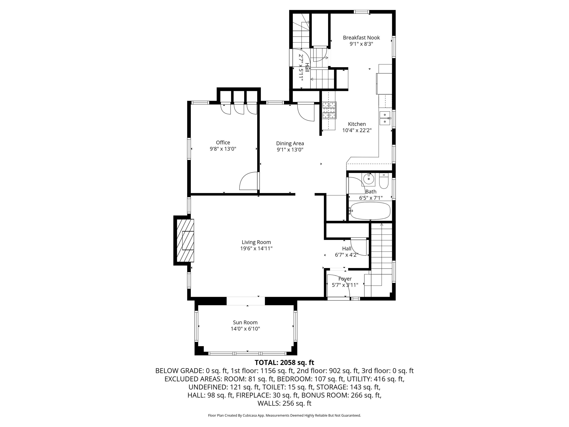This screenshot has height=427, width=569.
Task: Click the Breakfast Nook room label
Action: pyautogui.click(x=361, y=38)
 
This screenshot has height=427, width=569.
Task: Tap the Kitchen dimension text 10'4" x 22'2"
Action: pyautogui.click(x=357, y=130)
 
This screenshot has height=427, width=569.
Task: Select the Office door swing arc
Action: pyautogui.click(x=248, y=181)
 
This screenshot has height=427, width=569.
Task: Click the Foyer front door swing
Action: pyautogui.click(x=338, y=286)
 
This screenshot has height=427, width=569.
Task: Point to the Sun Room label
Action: pyautogui.click(x=245, y=322)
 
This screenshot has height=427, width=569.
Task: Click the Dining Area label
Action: pyautogui.click(x=290, y=143)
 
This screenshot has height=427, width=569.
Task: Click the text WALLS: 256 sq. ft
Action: pyautogui.click(x=284, y=403)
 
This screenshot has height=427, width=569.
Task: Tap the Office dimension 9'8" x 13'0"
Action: pyautogui.click(x=223, y=149)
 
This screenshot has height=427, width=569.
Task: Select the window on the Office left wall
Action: pyautogui.click(x=189, y=149)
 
